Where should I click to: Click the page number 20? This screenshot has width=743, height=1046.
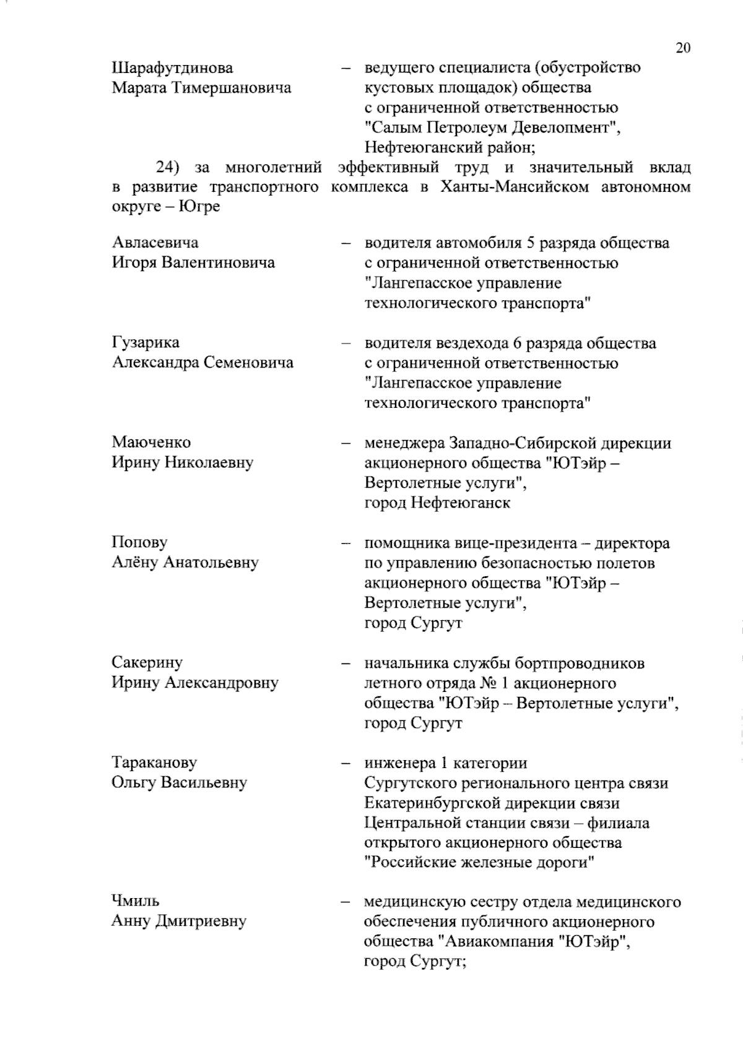[683, 48]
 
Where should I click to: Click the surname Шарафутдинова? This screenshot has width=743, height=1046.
[173, 67]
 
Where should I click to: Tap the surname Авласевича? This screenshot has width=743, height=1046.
[155, 242]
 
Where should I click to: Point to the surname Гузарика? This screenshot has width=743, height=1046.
[146, 342]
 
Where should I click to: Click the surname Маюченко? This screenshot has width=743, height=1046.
[152, 442]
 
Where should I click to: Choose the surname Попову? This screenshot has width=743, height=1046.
[140, 542]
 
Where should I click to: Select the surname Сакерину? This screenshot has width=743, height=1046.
[147, 662]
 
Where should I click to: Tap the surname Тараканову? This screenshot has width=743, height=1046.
[155, 762]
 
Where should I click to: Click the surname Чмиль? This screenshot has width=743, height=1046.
[136, 901]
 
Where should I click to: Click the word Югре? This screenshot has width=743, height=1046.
[199, 207]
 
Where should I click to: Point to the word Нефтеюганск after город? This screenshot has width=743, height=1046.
[460, 503]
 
